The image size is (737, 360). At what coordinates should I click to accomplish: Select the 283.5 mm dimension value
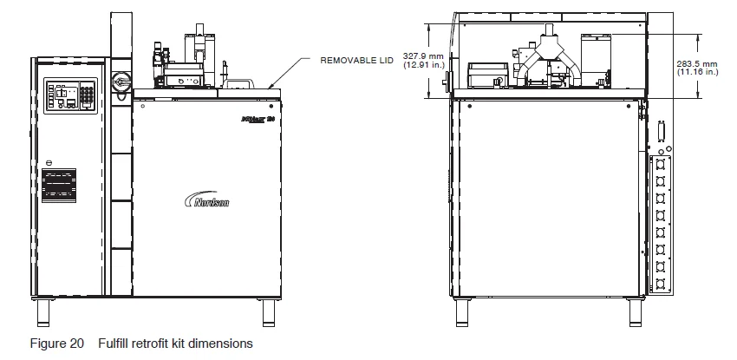click(x=696, y=64)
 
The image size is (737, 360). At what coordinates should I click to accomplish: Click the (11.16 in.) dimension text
click(x=696, y=73)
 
